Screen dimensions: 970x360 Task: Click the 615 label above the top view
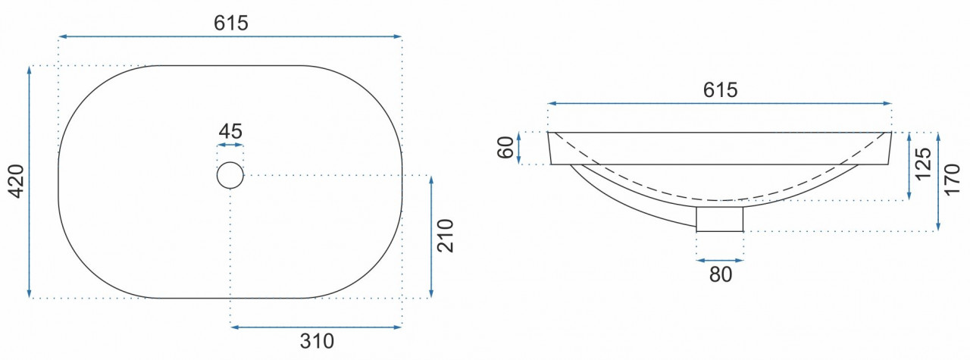click(231, 23)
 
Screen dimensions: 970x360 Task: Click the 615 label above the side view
click(720, 89)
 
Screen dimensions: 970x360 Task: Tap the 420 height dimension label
click(17, 181)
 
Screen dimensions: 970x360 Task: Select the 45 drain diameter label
click(230, 131)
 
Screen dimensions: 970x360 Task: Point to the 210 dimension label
click(445, 236)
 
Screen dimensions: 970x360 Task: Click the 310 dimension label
click(317, 341)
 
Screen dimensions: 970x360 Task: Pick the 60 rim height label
click(505, 148)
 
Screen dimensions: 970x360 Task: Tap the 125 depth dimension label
click(923, 164)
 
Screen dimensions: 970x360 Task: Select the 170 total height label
click(953, 180)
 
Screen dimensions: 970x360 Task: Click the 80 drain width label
click(721, 274)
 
